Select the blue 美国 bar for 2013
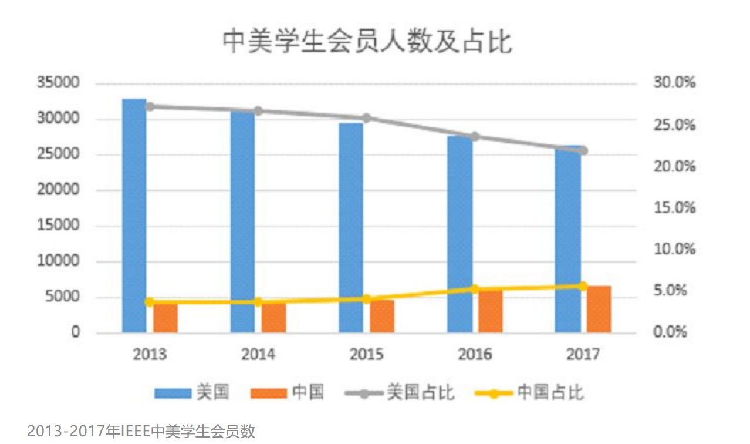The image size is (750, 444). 134,217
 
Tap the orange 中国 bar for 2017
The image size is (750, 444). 599,310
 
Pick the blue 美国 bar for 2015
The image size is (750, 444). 351,229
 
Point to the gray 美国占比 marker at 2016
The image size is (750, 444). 475,137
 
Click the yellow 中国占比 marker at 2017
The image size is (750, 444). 583,285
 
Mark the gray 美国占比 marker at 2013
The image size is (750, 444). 150,106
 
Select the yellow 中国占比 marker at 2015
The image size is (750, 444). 367,298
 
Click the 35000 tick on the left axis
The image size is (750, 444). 58,83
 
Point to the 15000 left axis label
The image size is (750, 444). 58,226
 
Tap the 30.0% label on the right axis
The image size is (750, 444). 674,83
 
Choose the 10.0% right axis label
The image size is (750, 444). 674,250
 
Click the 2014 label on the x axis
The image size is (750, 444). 258,354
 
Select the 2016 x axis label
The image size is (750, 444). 475,354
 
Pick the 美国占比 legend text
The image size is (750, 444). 421,392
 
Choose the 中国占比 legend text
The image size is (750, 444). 550,392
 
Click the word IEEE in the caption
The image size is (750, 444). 136,431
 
